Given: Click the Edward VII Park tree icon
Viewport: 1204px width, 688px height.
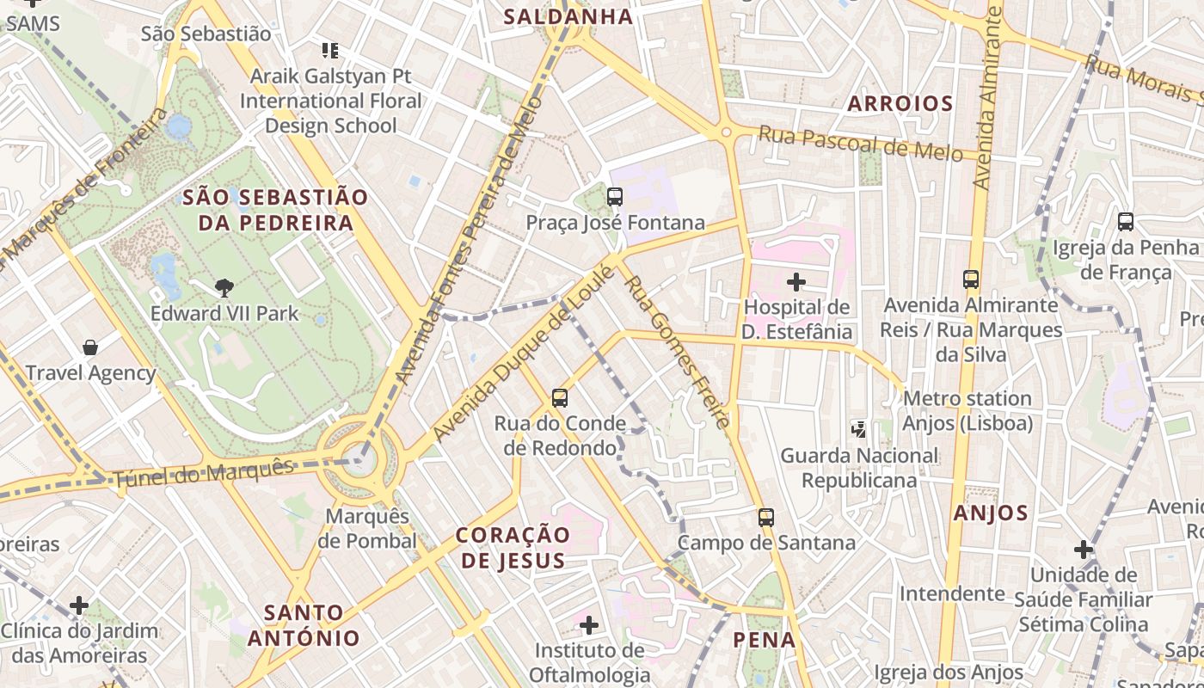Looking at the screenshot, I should coord(224,287).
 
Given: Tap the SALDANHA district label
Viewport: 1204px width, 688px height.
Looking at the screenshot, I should coord(568,16).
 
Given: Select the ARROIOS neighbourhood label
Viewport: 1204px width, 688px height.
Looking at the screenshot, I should coord(900,104).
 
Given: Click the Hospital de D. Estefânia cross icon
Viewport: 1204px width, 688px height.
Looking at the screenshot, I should coord(796,281).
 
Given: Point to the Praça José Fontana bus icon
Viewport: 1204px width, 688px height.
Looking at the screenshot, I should coord(615,197).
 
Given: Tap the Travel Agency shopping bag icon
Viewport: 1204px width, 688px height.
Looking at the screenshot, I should coord(90,347).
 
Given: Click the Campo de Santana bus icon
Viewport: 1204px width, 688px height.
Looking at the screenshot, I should coord(766,518).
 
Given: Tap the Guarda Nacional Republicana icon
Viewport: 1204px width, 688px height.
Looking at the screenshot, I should coord(858,428).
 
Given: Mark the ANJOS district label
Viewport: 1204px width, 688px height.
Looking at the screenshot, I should coord(991,513).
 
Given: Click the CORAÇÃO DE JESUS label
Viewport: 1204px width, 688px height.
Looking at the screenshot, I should coord(513,548).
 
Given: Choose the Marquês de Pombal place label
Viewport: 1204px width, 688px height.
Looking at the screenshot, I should coord(367,529).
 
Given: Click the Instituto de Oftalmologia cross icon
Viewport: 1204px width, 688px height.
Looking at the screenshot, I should coord(589,623).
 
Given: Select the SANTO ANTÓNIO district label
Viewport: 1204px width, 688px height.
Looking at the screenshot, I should coord(304,625).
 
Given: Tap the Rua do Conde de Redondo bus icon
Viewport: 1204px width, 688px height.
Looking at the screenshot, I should coord(560,398).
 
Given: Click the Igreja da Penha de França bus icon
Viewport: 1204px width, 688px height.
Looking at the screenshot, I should coord(1126,222).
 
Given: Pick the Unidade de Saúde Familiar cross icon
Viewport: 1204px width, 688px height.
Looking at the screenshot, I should coord(1084,549).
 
